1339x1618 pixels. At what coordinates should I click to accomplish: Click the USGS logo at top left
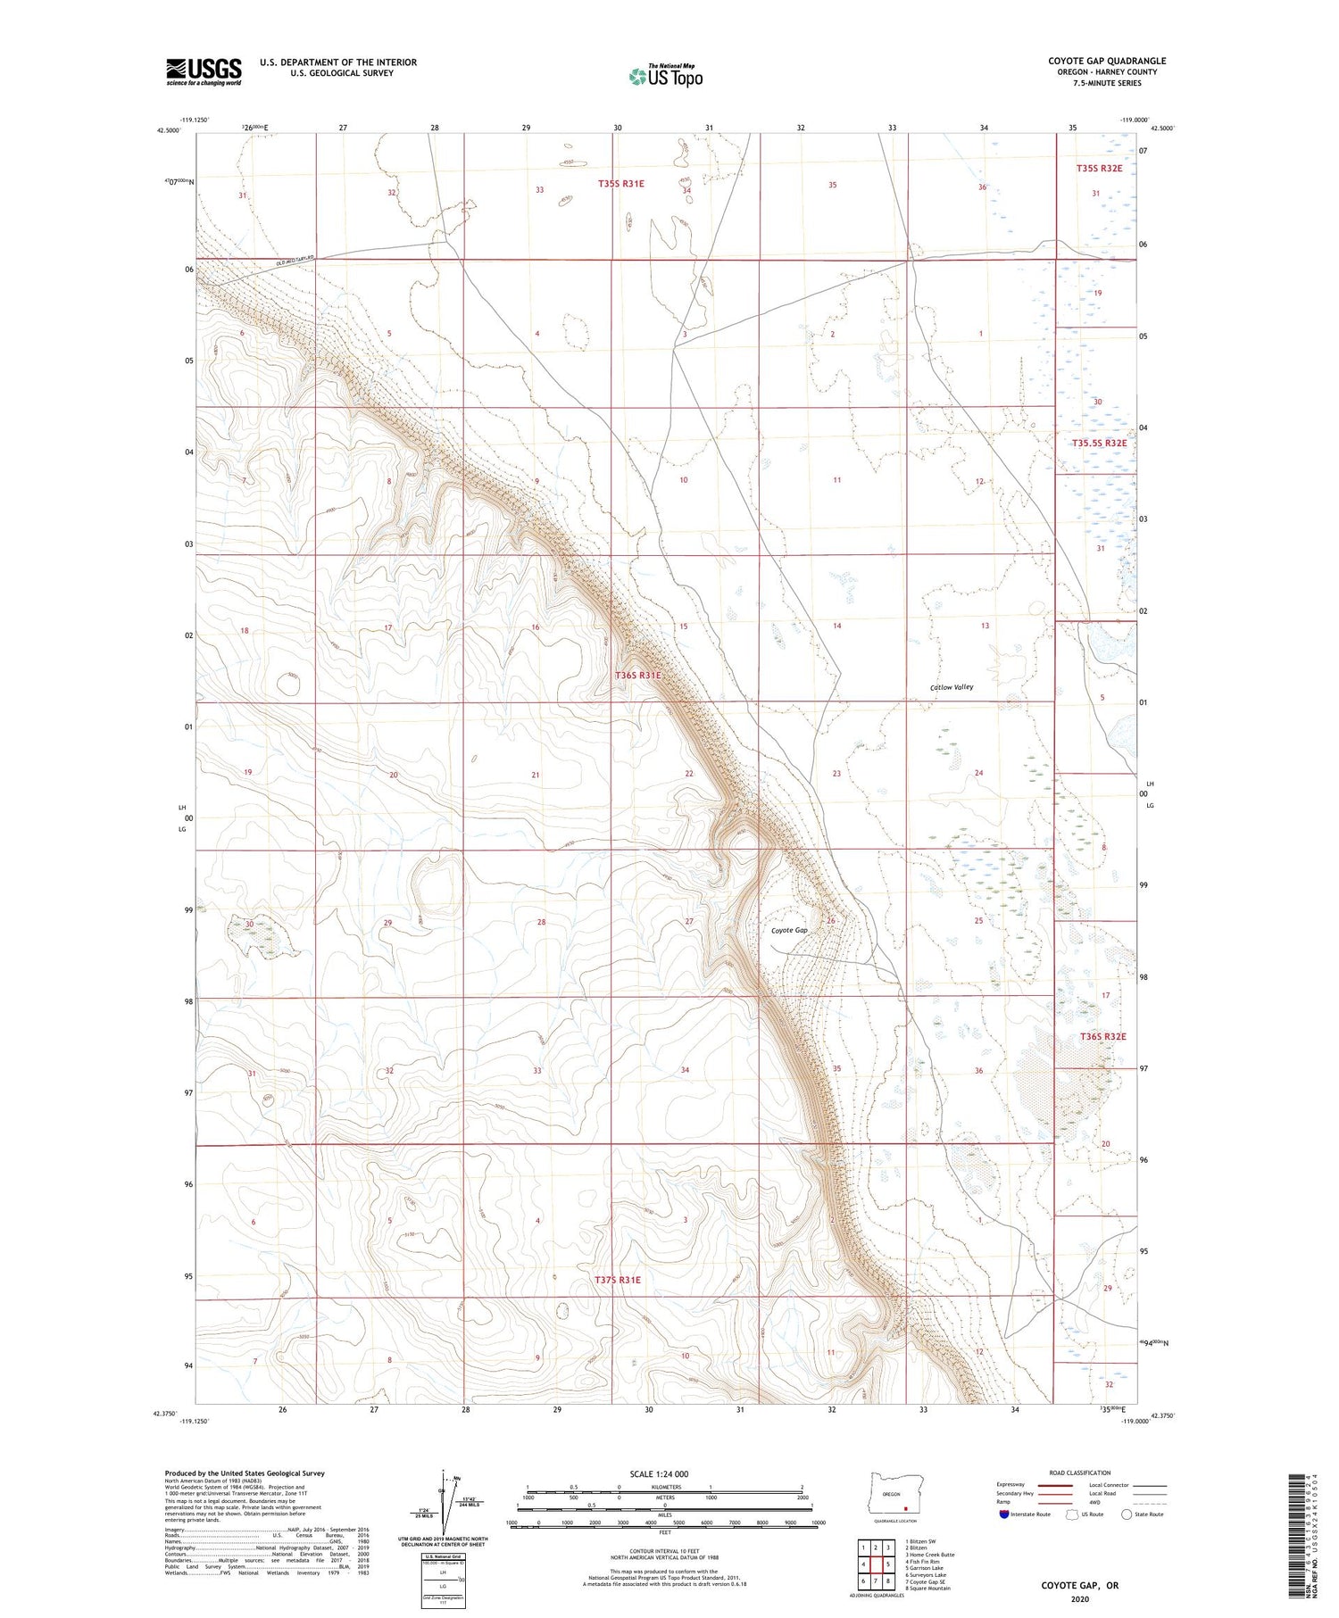coord(204,71)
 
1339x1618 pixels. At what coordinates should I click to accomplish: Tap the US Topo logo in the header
coord(665,78)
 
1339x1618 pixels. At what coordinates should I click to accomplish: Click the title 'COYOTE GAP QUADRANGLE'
coord(1106,61)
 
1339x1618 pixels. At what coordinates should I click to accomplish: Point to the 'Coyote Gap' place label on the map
coord(789,930)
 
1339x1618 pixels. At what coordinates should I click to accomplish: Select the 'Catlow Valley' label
coord(952,687)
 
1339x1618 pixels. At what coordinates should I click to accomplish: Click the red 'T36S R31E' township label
coord(637,676)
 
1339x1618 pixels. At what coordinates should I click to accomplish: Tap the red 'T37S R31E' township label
coord(618,1280)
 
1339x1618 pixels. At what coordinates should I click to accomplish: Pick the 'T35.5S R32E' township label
coord(1099,443)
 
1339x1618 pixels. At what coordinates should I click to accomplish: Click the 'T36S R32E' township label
coord(1102,1036)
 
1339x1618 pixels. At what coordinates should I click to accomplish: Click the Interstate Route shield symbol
coord(1003,1514)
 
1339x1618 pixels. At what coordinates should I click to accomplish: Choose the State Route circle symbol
coord(1127,1514)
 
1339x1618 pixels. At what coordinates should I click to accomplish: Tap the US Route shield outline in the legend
coord(1072,1514)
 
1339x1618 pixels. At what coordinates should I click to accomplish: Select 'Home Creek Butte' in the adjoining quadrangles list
coord(929,1554)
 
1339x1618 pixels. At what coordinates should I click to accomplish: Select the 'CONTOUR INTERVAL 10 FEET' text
coord(664,1552)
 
